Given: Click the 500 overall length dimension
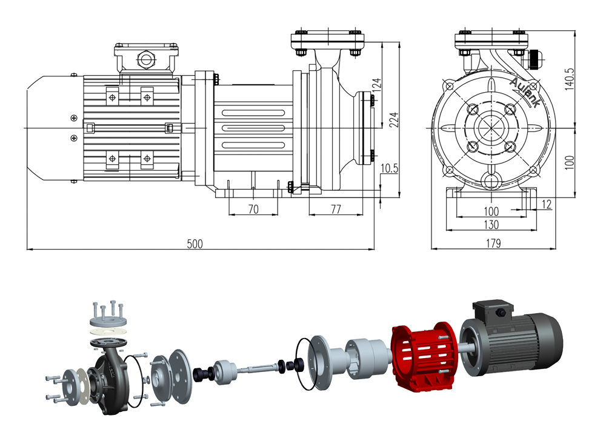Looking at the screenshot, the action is click(x=195, y=244).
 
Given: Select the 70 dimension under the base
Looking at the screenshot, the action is click(x=253, y=209).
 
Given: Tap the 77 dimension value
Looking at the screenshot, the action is click(x=336, y=209).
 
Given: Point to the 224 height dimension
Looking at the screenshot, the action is click(x=393, y=120).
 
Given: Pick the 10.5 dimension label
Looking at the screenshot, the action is click(x=389, y=168).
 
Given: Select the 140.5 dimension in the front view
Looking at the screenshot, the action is click(x=569, y=79).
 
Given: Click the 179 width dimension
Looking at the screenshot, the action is click(x=493, y=244).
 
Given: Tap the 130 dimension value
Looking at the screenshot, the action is click(x=491, y=224).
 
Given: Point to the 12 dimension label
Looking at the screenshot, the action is click(x=547, y=204).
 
